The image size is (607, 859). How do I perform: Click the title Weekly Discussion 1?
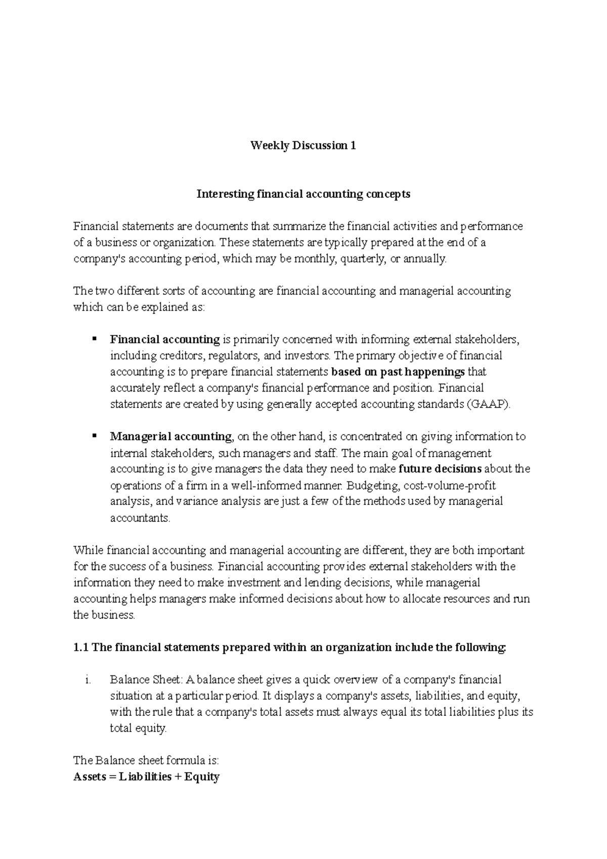click(303, 146)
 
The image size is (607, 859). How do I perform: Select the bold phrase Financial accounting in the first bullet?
click(165, 339)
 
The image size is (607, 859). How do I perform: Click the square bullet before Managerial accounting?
click(94, 435)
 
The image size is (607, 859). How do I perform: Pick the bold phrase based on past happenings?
click(398, 372)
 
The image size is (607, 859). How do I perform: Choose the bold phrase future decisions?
click(440, 469)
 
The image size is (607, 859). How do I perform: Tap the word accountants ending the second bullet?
click(140, 518)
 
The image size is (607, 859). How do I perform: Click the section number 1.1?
click(81, 648)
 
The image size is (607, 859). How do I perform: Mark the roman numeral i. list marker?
click(88, 680)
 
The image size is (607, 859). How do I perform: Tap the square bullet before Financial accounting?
click(94, 338)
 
